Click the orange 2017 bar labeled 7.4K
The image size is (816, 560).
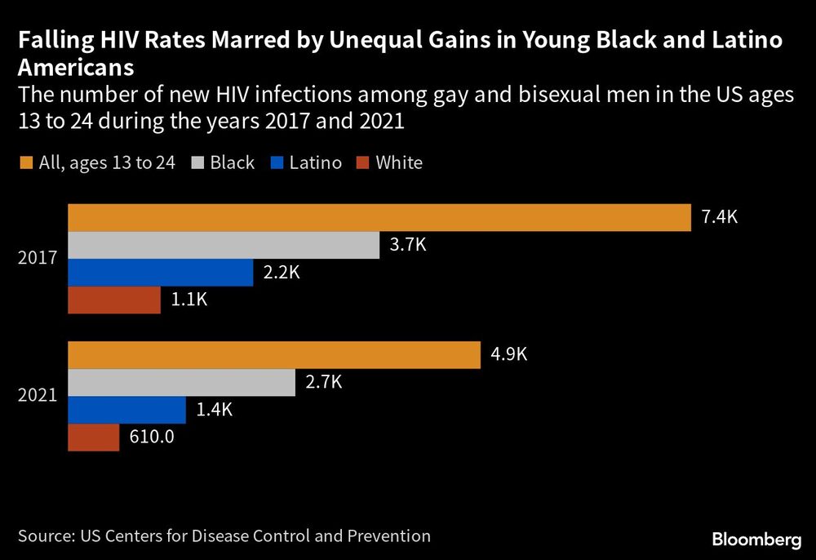tap(379, 218)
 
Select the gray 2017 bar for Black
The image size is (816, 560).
tap(224, 246)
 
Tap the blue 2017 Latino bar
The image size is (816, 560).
tap(161, 273)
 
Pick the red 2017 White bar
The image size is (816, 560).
tap(114, 300)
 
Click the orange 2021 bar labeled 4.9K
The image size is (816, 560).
tap(273, 355)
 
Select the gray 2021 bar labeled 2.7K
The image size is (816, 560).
tap(181, 383)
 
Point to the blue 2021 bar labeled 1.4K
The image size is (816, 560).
tap(126, 410)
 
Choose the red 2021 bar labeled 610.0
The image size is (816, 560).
tap(93, 437)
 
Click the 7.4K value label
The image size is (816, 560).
tap(719, 218)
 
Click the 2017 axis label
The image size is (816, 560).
tap(38, 259)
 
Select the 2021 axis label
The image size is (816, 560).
tap(38, 396)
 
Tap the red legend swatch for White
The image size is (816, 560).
tap(363, 162)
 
